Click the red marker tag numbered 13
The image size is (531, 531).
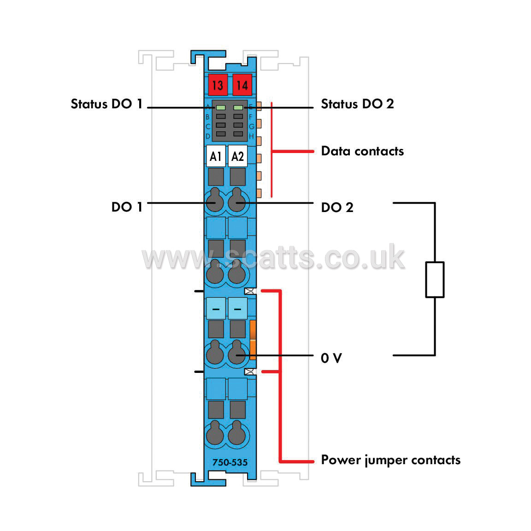click(x=218, y=85)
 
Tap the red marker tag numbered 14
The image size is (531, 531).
click(x=242, y=85)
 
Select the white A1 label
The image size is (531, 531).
click(x=216, y=156)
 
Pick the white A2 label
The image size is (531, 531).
click(x=238, y=156)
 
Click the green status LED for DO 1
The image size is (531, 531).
click(x=221, y=108)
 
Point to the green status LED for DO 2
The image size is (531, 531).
click(x=238, y=108)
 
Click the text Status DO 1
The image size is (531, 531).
click(x=106, y=104)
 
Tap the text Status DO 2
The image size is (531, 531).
click(x=357, y=104)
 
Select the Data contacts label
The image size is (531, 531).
click(x=362, y=151)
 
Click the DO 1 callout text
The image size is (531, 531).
click(x=127, y=207)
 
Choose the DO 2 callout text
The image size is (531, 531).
click(x=337, y=207)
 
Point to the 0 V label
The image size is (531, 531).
click(x=331, y=358)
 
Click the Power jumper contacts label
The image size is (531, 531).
click(x=391, y=460)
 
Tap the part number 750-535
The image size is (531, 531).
click(x=230, y=462)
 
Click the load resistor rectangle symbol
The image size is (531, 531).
click(x=435, y=280)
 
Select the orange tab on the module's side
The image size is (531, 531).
click(x=253, y=340)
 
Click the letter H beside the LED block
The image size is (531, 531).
click(x=251, y=136)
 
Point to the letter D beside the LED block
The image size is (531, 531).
click(x=208, y=136)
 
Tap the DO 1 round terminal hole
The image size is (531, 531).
click(x=215, y=202)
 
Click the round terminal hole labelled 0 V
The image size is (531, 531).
click(x=237, y=354)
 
